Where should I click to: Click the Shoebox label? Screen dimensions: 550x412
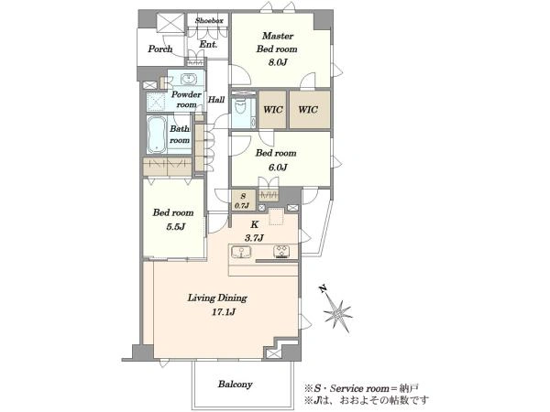tap(209, 21)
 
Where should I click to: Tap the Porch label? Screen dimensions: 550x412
tap(160, 49)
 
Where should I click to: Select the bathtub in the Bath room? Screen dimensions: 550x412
tap(157, 135)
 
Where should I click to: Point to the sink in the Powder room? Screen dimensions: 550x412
tap(189, 79)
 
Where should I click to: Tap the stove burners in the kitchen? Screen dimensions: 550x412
tap(281, 252)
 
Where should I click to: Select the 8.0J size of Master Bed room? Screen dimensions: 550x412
tap(278, 62)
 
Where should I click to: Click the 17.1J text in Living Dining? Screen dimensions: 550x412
tap(223, 312)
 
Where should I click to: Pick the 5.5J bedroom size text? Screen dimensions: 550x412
tap(175, 227)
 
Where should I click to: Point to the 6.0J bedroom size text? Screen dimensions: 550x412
tap(278, 168)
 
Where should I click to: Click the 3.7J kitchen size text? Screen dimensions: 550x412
tap(254, 238)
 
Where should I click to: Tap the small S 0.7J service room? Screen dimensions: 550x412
tap(243, 200)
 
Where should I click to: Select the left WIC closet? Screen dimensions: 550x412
tap(272, 110)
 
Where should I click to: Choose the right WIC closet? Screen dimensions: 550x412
tap(310, 110)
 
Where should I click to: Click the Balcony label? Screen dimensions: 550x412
tap(235, 385)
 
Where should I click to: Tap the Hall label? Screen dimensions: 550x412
tap(216, 100)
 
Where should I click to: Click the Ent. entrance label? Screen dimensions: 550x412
tap(208, 45)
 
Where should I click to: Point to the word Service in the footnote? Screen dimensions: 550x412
tap(346, 388)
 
